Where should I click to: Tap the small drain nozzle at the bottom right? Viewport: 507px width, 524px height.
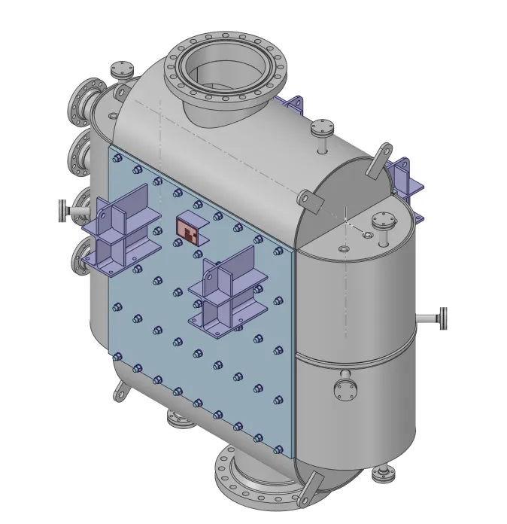pos(383,473)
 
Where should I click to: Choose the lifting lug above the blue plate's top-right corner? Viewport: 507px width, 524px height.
pos(308,199)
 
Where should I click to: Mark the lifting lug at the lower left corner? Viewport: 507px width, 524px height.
pos(120,388)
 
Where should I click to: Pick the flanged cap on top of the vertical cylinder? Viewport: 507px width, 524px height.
pos(383,222)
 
